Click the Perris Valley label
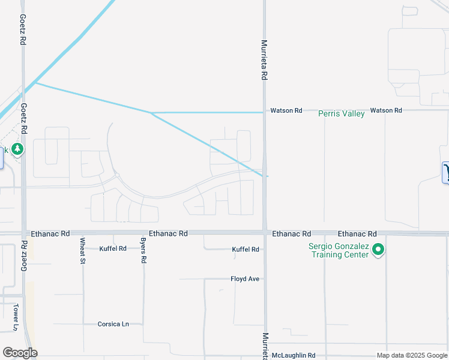[341, 113]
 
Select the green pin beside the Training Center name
[378, 249]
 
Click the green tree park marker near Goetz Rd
[17, 148]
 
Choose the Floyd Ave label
[245, 279]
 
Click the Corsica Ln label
[113, 324]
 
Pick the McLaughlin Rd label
[293, 355]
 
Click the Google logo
[20, 353]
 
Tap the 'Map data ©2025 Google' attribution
[412, 355]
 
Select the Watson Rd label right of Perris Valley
[386, 110]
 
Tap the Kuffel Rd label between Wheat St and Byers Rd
[113, 248]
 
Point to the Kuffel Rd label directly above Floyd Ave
[246, 249]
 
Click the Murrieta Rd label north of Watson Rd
[264, 60]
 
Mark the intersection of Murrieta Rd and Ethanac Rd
[264, 232]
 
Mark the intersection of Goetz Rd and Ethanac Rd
[24, 233]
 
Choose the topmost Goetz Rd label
[22, 31]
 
